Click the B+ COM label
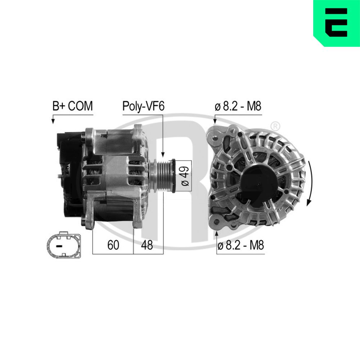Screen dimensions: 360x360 72,106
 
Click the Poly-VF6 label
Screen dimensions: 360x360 143,106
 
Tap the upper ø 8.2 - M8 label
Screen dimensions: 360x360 238,106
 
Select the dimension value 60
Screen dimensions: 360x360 113,245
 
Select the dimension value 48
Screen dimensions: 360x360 147,245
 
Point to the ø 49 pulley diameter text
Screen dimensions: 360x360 185,176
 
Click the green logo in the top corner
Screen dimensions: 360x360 336,23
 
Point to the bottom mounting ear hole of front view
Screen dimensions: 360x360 216,221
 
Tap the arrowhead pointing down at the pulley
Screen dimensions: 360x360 163,155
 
